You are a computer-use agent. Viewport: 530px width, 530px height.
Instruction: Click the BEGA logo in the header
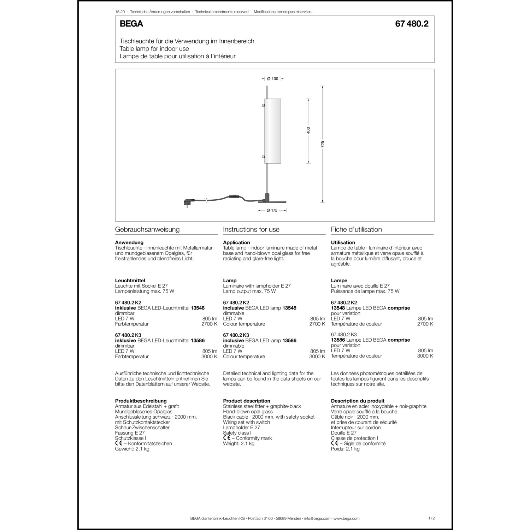[x=131, y=24]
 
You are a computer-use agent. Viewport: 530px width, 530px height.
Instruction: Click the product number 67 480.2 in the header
[x=412, y=24]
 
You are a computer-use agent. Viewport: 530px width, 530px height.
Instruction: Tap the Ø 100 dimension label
[x=272, y=79]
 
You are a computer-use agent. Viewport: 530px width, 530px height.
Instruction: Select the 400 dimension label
[x=308, y=130]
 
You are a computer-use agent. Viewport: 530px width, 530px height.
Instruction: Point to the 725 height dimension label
[x=323, y=144]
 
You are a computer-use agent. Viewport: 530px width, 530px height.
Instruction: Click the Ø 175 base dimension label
[x=272, y=210]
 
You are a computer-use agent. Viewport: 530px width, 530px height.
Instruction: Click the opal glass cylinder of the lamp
[x=272, y=131]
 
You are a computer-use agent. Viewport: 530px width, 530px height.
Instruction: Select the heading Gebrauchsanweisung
[x=147, y=229]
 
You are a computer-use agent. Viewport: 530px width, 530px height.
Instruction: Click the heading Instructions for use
[x=251, y=229]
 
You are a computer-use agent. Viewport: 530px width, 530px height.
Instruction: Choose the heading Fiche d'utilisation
[x=356, y=229]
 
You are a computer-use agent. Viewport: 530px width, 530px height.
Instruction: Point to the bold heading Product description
[x=246, y=401]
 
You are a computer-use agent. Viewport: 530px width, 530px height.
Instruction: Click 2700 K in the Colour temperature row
[x=317, y=324]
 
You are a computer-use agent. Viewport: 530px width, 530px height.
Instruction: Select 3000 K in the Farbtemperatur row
[x=209, y=357]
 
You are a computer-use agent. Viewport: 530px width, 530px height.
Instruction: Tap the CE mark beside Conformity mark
[x=226, y=438]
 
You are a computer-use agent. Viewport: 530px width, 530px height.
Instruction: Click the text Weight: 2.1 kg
[x=238, y=443]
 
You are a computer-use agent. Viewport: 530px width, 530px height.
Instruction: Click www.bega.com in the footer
[x=346, y=518]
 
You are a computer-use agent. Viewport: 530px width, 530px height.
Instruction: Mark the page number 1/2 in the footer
[x=431, y=518]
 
